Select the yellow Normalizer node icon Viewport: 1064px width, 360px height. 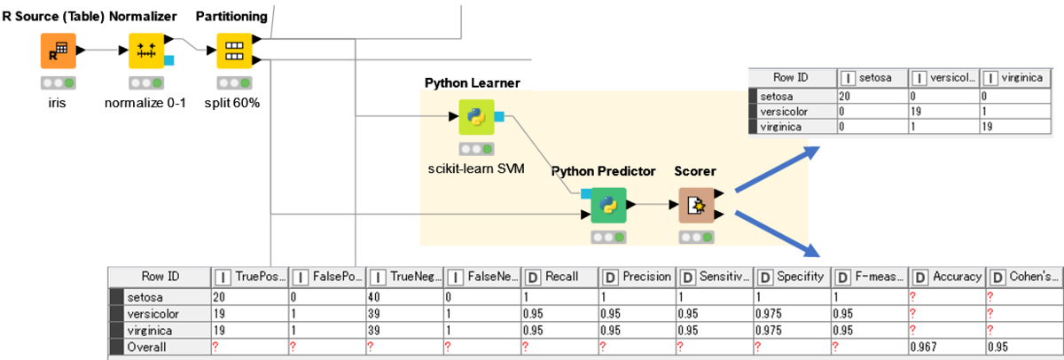point(147,51)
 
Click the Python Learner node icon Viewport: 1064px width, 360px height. point(476,116)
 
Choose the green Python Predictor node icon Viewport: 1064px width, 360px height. point(608,205)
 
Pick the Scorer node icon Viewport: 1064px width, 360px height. point(696,205)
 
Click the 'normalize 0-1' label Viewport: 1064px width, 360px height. point(147,102)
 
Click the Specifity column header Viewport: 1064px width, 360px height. point(794,276)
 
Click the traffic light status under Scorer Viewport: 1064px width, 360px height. point(696,237)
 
